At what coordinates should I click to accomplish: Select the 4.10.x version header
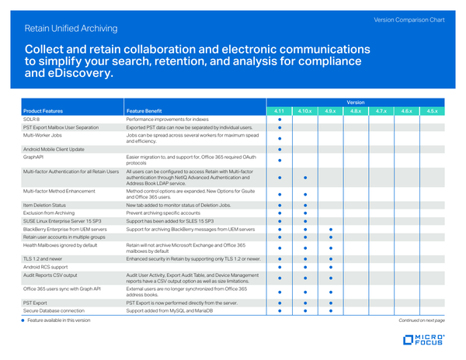(x=304, y=112)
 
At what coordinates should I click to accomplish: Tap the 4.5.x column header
(x=433, y=112)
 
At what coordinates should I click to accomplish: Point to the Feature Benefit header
(x=144, y=112)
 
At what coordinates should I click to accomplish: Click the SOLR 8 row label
(x=32, y=119)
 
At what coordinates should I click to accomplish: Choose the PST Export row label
(x=36, y=302)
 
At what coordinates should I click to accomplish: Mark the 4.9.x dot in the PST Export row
(x=330, y=302)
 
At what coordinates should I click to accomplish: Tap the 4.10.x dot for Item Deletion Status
(x=304, y=205)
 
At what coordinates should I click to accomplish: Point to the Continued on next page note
(x=421, y=320)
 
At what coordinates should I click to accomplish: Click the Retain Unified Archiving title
(x=71, y=29)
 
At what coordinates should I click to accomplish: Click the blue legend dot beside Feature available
(x=23, y=320)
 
